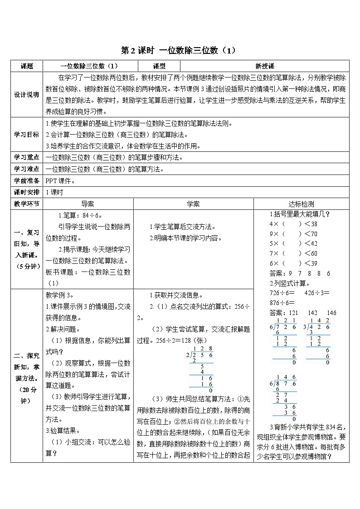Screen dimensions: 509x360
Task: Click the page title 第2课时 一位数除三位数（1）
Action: [x=180, y=50]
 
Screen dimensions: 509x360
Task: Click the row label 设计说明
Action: [x=27, y=94]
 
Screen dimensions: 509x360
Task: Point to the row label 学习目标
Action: [x=27, y=134]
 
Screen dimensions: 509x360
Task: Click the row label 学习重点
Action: [x=27, y=157]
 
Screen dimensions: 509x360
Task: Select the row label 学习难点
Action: [x=27, y=169]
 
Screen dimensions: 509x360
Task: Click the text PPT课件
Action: [x=59, y=181]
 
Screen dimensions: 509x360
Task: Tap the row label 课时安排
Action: [x=27, y=192]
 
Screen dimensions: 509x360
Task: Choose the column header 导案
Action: [x=88, y=204]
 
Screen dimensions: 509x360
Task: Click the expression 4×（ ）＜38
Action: [x=293, y=224]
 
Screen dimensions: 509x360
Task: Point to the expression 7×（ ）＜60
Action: [x=293, y=253]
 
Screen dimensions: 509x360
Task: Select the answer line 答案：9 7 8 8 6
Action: [x=300, y=273]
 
